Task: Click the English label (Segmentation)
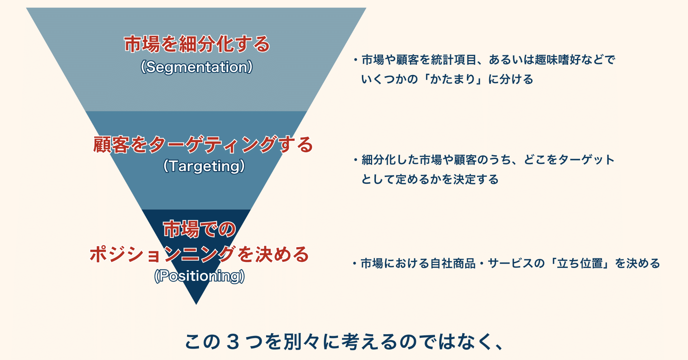pyautogui.click(x=197, y=67)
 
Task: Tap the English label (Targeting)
pyautogui.click(x=204, y=166)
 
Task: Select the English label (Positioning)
pyautogui.click(x=200, y=276)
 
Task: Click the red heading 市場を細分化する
pyautogui.click(x=197, y=44)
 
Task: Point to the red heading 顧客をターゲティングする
pyautogui.click(x=203, y=145)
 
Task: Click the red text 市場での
pyautogui.click(x=199, y=229)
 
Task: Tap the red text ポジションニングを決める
pyautogui.click(x=199, y=254)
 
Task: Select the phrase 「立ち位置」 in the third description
pyautogui.click(x=580, y=264)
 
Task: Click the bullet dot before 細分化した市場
pyautogui.click(x=355, y=160)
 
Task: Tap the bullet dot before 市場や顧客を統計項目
pyautogui.click(x=355, y=60)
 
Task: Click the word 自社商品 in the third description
pyautogui.click(x=453, y=264)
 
